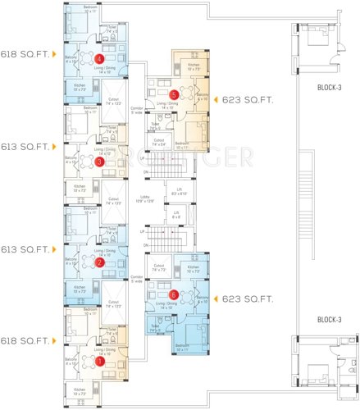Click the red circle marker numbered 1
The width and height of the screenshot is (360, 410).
coord(100,359)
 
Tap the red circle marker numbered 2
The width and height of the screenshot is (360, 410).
coord(100,262)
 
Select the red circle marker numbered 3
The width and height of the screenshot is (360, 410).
coord(100,162)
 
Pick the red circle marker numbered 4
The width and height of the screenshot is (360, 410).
coord(100,59)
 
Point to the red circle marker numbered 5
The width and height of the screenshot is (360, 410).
coord(173,94)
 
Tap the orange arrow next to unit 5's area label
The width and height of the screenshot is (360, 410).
coord(216,100)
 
